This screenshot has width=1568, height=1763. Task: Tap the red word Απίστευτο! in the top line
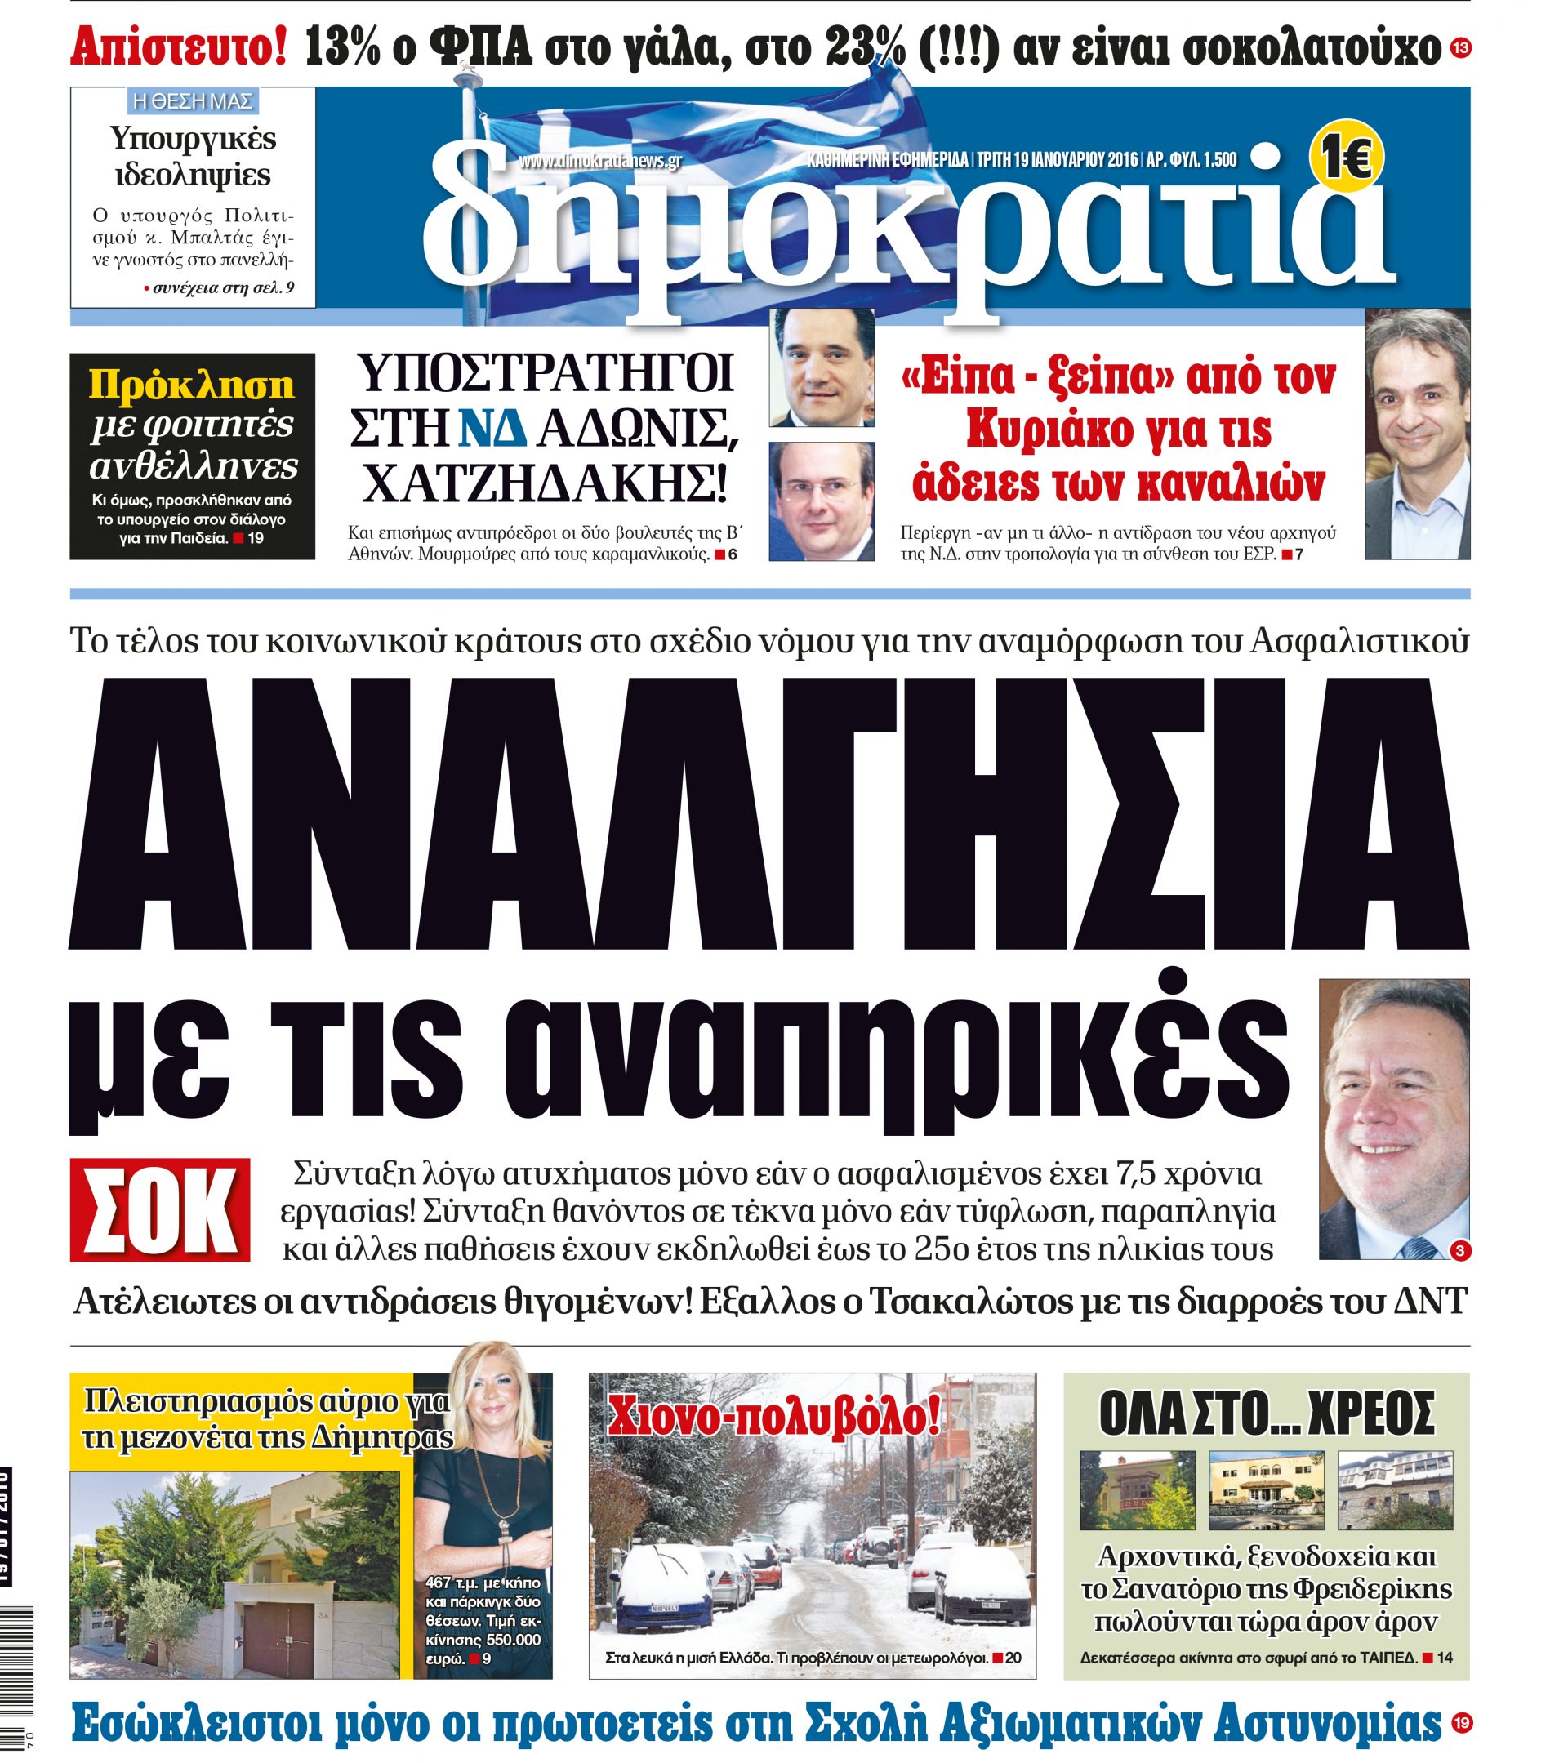(179, 47)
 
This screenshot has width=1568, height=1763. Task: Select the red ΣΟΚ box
(160, 1210)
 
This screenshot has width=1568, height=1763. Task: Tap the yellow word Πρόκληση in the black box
(191, 385)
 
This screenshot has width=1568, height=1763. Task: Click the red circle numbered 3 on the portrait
(1459, 1251)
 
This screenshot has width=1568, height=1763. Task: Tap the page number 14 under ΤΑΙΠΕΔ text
(1445, 1657)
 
